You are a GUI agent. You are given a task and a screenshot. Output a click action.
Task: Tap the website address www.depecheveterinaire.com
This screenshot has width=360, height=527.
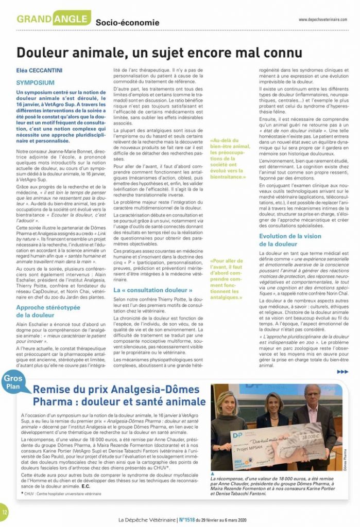pos(322,20)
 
